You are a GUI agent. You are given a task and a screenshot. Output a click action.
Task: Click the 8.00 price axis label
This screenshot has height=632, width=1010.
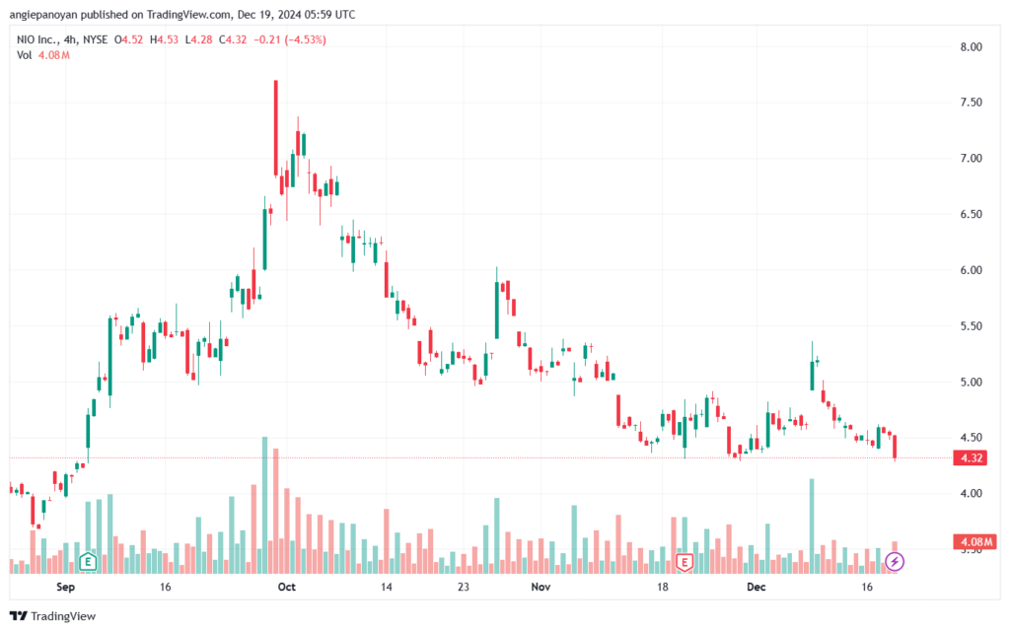tap(971, 47)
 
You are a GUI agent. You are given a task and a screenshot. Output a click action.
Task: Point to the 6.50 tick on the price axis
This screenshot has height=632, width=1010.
tap(971, 214)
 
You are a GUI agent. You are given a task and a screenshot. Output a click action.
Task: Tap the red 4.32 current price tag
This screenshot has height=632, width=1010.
tap(972, 458)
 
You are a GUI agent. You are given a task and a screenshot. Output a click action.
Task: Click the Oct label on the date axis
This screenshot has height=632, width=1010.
tap(287, 587)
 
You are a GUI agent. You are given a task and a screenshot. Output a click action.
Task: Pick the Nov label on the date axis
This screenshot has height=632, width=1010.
tap(541, 587)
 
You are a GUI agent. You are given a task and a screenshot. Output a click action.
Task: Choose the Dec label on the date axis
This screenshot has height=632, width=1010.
tap(757, 587)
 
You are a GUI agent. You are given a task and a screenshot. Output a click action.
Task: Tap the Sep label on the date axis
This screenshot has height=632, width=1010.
tap(66, 587)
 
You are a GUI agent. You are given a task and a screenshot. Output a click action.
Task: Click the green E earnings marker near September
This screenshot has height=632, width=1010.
tap(88, 562)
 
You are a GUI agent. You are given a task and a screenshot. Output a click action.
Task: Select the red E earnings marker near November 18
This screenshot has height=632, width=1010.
tap(685, 562)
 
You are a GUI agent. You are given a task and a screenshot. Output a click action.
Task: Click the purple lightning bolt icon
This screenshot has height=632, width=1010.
tap(894, 562)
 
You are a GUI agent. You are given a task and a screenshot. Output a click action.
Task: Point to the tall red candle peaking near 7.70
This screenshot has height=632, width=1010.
tap(276, 129)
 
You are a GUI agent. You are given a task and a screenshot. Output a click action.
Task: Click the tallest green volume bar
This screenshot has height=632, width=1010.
tap(264, 505)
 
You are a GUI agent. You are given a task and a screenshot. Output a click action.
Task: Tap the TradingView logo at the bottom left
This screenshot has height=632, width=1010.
tap(53, 616)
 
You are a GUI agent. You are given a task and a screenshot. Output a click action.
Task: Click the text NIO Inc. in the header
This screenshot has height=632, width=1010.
tap(36, 39)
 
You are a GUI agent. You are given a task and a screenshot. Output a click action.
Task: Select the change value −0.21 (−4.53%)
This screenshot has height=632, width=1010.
tap(290, 39)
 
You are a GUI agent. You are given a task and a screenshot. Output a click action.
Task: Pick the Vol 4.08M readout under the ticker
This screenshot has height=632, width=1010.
tap(43, 55)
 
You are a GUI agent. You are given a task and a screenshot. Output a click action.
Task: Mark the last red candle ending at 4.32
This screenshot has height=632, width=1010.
tap(895, 448)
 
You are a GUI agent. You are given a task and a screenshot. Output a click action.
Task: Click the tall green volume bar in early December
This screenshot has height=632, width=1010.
tap(812, 526)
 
